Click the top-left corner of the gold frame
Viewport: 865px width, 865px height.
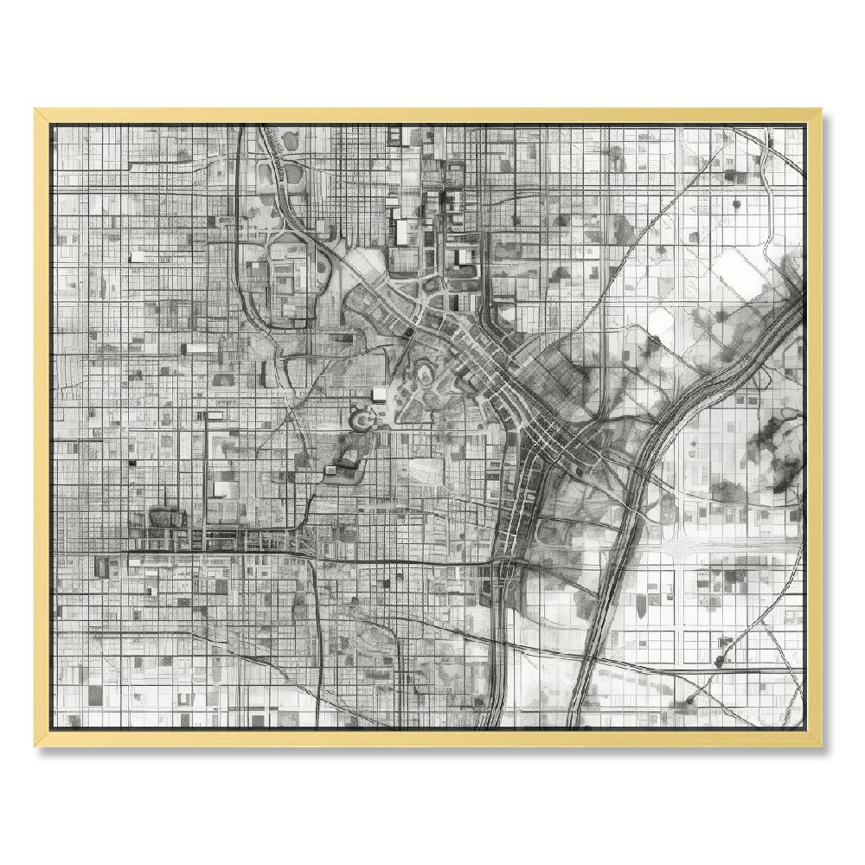coord(35,110)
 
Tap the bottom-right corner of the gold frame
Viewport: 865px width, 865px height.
coord(821,745)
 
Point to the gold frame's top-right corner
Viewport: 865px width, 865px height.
coord(821,110)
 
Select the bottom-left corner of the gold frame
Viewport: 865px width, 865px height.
coord(35,745)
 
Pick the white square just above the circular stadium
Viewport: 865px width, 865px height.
coord(379,394)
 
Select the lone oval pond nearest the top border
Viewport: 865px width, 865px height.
coord(288,138)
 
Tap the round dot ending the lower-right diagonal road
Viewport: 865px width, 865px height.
coord(689,698)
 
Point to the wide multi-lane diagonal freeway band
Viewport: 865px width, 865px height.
coord(657,450)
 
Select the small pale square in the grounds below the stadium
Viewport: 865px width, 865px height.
coord(330,470)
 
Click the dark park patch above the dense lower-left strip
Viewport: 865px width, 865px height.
coord(167,517)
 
